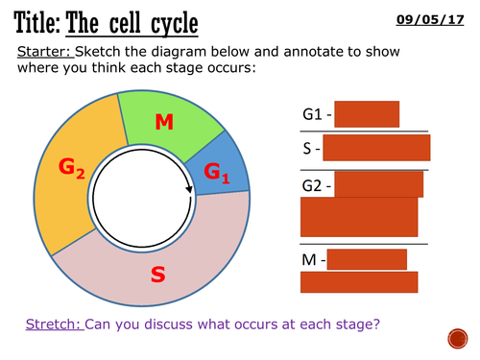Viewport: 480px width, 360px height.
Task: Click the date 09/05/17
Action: [446, 17]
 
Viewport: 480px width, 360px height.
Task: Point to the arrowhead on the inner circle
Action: [190, 187]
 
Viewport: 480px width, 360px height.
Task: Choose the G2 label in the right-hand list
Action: [314, 181]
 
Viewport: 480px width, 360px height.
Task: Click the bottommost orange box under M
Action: [359, 281]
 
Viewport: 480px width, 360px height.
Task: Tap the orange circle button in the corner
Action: [458, 338]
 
